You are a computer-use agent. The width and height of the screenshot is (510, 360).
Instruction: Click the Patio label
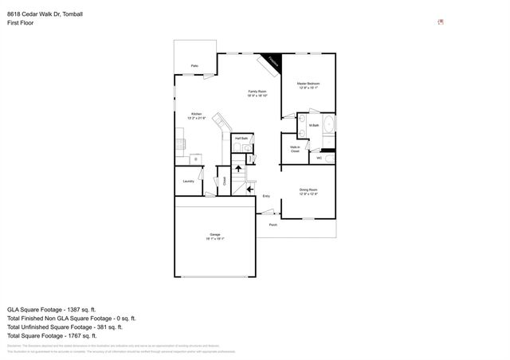194,65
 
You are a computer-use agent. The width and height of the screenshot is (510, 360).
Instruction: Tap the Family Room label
257,92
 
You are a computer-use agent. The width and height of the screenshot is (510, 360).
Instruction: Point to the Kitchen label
196,114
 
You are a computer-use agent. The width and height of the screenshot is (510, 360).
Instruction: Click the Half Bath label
239,139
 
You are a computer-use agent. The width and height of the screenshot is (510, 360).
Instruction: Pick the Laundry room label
189,181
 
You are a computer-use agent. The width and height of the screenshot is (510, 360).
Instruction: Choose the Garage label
216,233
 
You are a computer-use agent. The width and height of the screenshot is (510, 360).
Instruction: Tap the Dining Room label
308,189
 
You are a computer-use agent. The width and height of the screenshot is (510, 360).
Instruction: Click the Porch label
273,225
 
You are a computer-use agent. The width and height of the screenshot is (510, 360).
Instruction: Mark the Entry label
266,195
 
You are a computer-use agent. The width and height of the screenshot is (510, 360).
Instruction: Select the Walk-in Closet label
294,148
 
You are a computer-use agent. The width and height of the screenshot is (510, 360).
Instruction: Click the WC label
319,158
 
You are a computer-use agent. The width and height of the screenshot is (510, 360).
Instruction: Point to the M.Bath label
314,126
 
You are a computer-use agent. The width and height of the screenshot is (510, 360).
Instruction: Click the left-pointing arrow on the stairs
250,189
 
